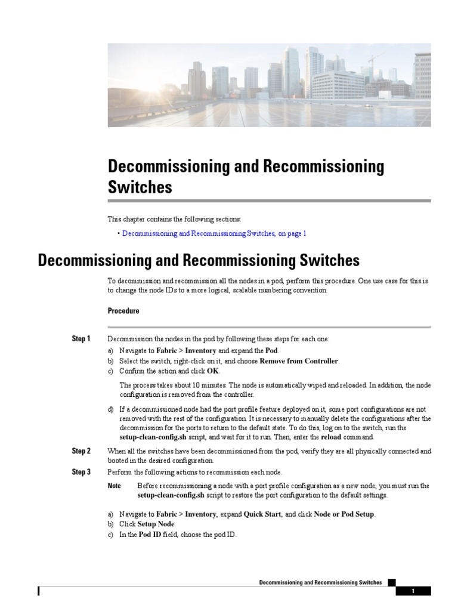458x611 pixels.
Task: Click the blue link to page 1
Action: [214, 234]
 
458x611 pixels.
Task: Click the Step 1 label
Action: [81, 339]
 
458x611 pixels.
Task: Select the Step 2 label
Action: [81, 451]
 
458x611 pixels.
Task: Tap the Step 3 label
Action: [81, 472]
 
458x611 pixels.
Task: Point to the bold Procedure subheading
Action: [123, 311]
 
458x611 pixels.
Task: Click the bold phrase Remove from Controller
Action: [299, 361]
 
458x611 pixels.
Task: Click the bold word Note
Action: [114, 486]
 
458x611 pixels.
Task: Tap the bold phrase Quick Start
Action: [262, 514]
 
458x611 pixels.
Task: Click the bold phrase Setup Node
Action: [156, 524]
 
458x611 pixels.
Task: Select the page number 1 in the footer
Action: [412, 591]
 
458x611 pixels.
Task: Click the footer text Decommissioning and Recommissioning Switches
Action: [320, 582]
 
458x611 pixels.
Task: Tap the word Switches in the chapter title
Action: [140, 187]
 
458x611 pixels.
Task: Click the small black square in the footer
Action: [391, 582]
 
